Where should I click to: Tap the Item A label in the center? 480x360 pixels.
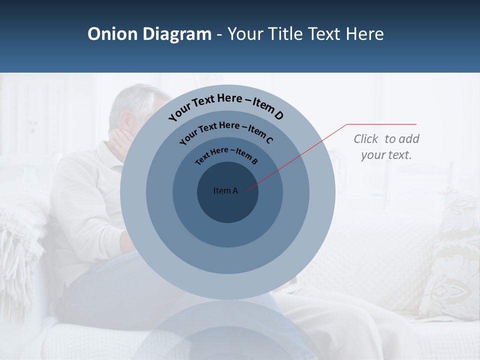(x=225, y=190)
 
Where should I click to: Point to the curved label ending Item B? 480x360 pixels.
(x=226, y=155)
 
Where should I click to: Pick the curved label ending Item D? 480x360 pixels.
(x=226, y=106)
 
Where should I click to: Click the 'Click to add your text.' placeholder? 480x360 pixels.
(x=386, y=146)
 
